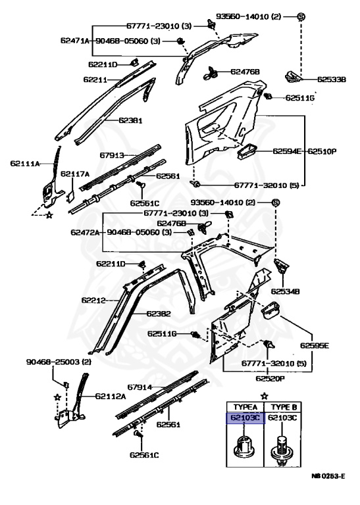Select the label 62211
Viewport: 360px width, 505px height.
[95, 79]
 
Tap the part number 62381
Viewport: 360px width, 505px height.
[131, 121]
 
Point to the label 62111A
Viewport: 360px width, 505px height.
[25, 163]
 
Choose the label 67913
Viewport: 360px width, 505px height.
[113, 156]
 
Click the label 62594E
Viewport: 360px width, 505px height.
[288, 151]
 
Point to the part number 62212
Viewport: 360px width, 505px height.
[95, 300]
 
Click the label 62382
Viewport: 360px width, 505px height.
[159, 314]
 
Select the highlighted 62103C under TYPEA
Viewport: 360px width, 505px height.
[245, 418]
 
